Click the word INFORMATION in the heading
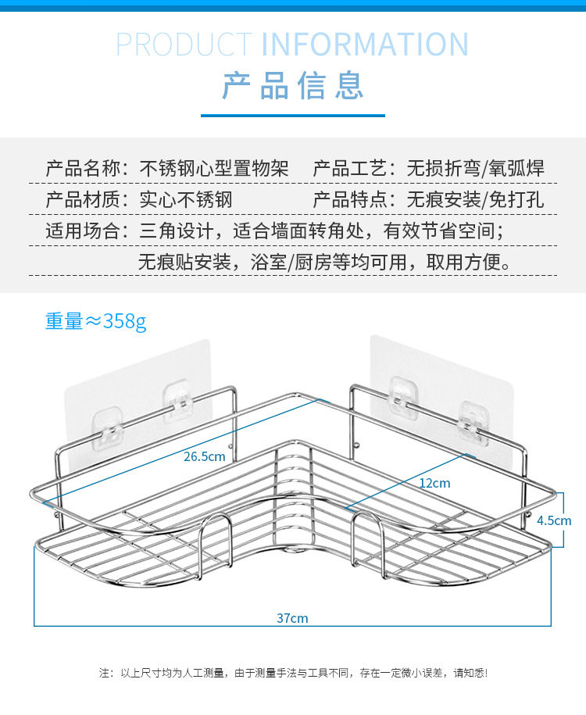click(x=365, y=44)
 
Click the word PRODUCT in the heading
click(x=184, y=44)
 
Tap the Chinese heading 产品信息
click(x=293, y=85)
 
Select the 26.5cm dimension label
click(x=205, y=456)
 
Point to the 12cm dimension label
click(x=434, y=483)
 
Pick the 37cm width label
click(x=292, y=618)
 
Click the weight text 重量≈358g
click(x=95, y=321)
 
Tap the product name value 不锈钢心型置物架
click(x=214, y=168)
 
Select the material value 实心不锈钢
click(x=186, y=199)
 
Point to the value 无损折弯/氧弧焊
click(x=475, y=168)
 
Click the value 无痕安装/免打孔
click(x=475, y=199)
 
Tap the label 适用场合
click(x=83, y=231)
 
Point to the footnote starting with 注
click(x=293, y=673)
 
